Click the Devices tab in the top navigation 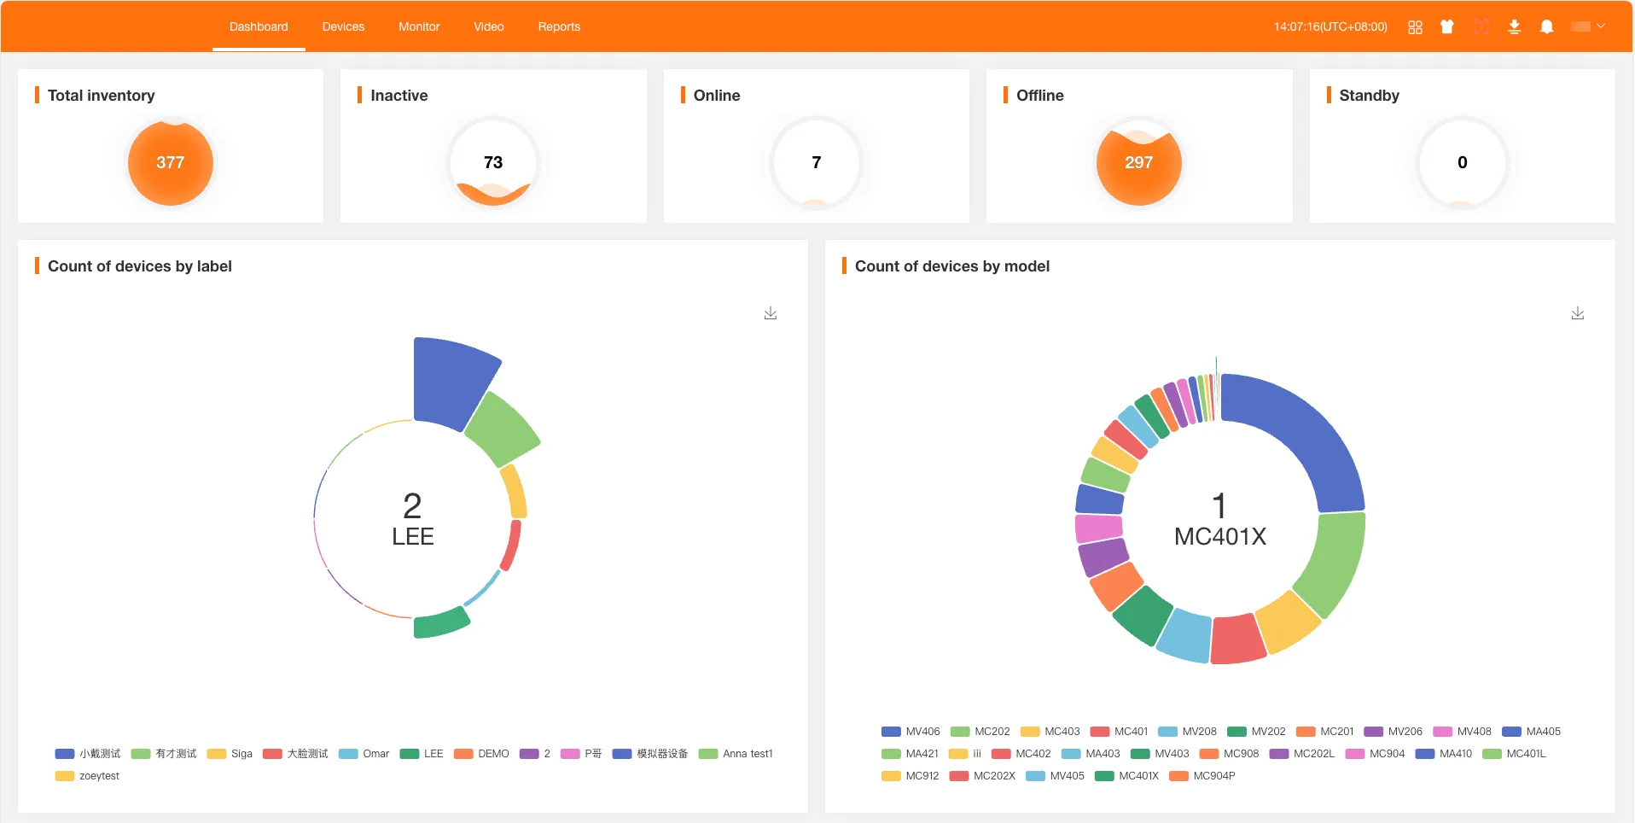coord(343,26)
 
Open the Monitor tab coord(419,26)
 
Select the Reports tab coord(559,26)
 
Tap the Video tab coord(489,26)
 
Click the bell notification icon coord(1546,26)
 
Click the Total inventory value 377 coord(171,162)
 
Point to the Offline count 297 coord(1138,162)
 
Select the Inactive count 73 coord(493,162)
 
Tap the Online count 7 coord(816,162)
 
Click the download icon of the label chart coord(771,313)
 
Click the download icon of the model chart coord(1578,313)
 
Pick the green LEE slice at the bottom coord(440,623)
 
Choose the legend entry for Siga coord(230,754)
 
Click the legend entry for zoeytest coord(88,776)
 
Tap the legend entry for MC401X coord(1127,776)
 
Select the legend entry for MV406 coord(911,732)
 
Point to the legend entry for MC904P coord(1202,776)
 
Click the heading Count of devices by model coord(951,266)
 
